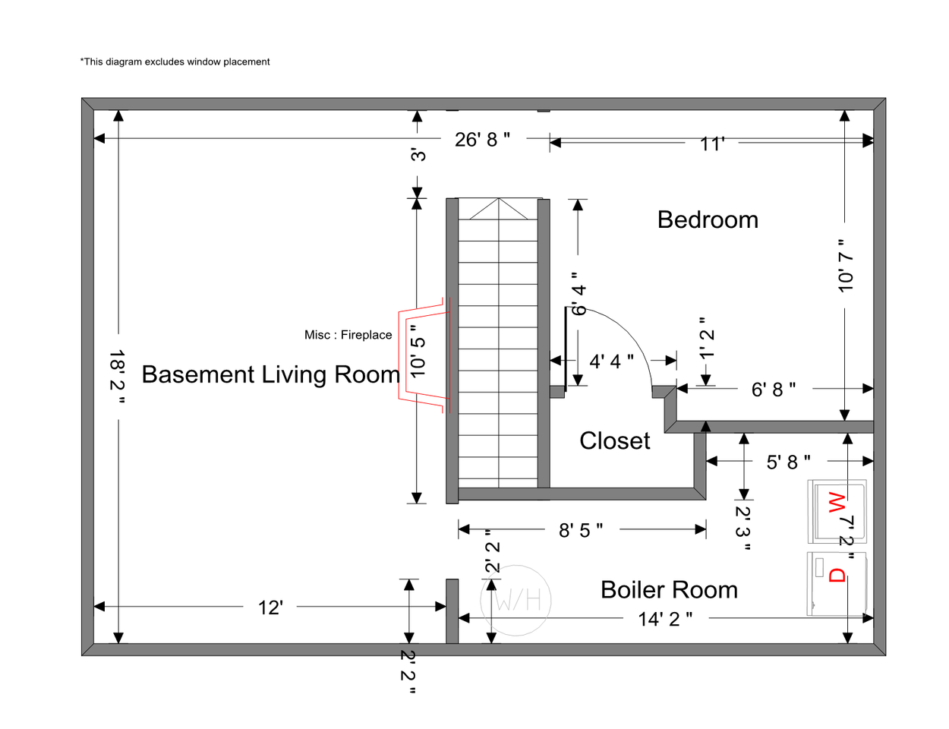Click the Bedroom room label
(708, 219)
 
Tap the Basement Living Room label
(270, 374)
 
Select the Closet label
(614, 440)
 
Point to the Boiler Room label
(669, 589)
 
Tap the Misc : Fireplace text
(348, 335)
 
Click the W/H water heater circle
(516, 601)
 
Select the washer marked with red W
(837, 511)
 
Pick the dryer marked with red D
(837, 583)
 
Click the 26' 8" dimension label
(482, 140)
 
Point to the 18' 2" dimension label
(116, 377)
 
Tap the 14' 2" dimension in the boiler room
(665, 619)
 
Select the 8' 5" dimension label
(581, 530)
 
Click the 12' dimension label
(270, 607)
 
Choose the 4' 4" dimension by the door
(611, 361)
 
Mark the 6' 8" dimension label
(773, 390)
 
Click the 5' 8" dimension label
(788, 462)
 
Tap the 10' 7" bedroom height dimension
(846, 264)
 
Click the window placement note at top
(175, 62)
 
